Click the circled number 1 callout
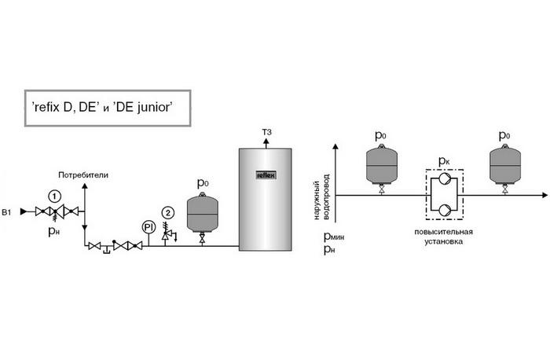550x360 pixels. [54, 197]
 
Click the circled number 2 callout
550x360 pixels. [168, 213]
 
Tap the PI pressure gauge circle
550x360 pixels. [148, 227]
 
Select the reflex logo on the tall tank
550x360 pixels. [266, 174]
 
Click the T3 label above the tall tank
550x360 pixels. [266, 132]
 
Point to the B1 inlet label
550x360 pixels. [6, 212]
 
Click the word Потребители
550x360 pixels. [83, 175]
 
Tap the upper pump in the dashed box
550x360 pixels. [445, 179]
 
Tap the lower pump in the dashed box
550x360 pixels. [445, 210]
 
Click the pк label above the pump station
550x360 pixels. [444, 161]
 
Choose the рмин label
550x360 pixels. [334, 237]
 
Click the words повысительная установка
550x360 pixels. [444, 237]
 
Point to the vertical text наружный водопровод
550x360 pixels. [321, 197]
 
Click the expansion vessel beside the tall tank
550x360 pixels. [202, 213]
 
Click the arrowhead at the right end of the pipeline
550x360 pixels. [544, 195]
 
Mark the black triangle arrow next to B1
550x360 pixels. [24, 211]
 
